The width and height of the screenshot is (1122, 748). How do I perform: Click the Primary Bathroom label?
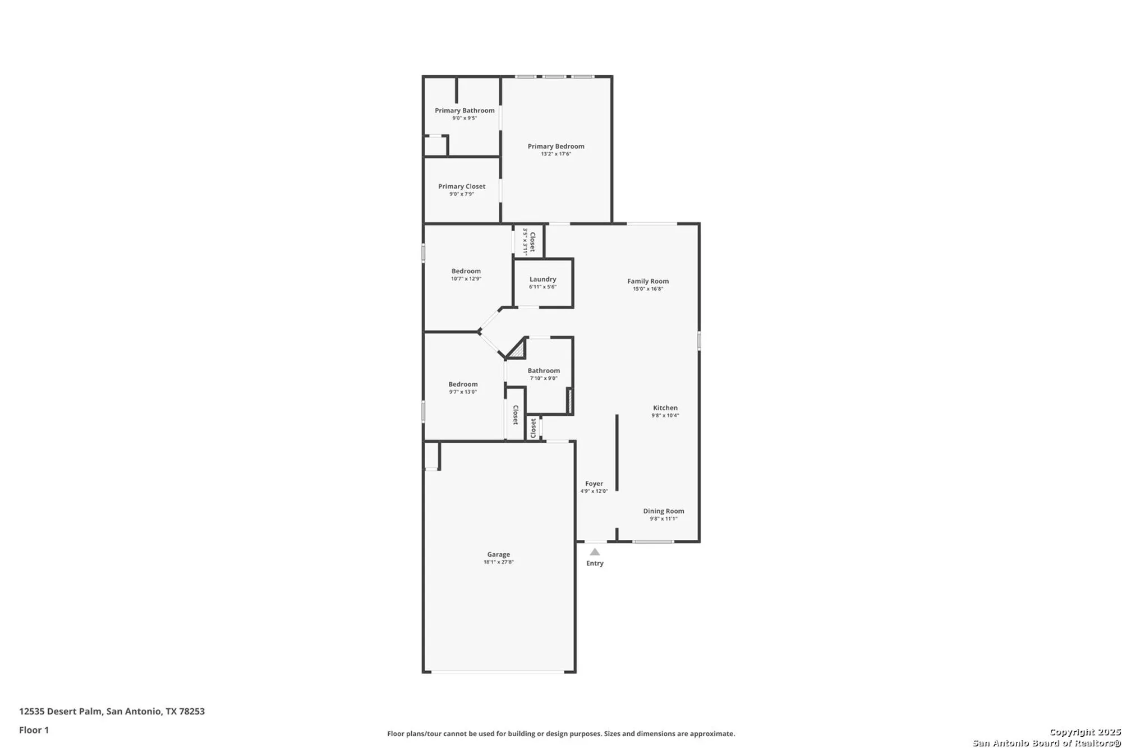pos(465,111)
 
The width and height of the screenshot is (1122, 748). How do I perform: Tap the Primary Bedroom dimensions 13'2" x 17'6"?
pos(556,154)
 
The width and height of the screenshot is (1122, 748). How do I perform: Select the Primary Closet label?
pos(462,186)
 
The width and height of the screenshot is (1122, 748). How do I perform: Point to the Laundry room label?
pos(542,279)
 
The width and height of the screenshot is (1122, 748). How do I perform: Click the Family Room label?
pos(648,281)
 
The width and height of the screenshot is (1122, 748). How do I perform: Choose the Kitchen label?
pos(665,408)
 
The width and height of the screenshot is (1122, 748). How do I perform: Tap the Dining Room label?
pos(664,511)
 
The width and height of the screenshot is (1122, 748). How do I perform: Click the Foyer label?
pos(594,484)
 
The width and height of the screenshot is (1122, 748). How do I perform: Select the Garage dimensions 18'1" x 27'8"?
pos(499,562)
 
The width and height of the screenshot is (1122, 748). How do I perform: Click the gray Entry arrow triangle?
pos(595,552)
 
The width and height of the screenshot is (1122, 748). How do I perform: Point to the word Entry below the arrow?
pos(595,563)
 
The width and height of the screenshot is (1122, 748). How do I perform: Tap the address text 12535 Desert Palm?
pos(61,712)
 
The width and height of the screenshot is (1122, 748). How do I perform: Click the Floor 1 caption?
pos(34,730)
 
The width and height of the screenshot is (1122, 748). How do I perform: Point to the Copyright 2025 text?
pos(1085,732)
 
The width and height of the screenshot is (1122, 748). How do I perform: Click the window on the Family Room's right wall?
pos(700,341)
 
